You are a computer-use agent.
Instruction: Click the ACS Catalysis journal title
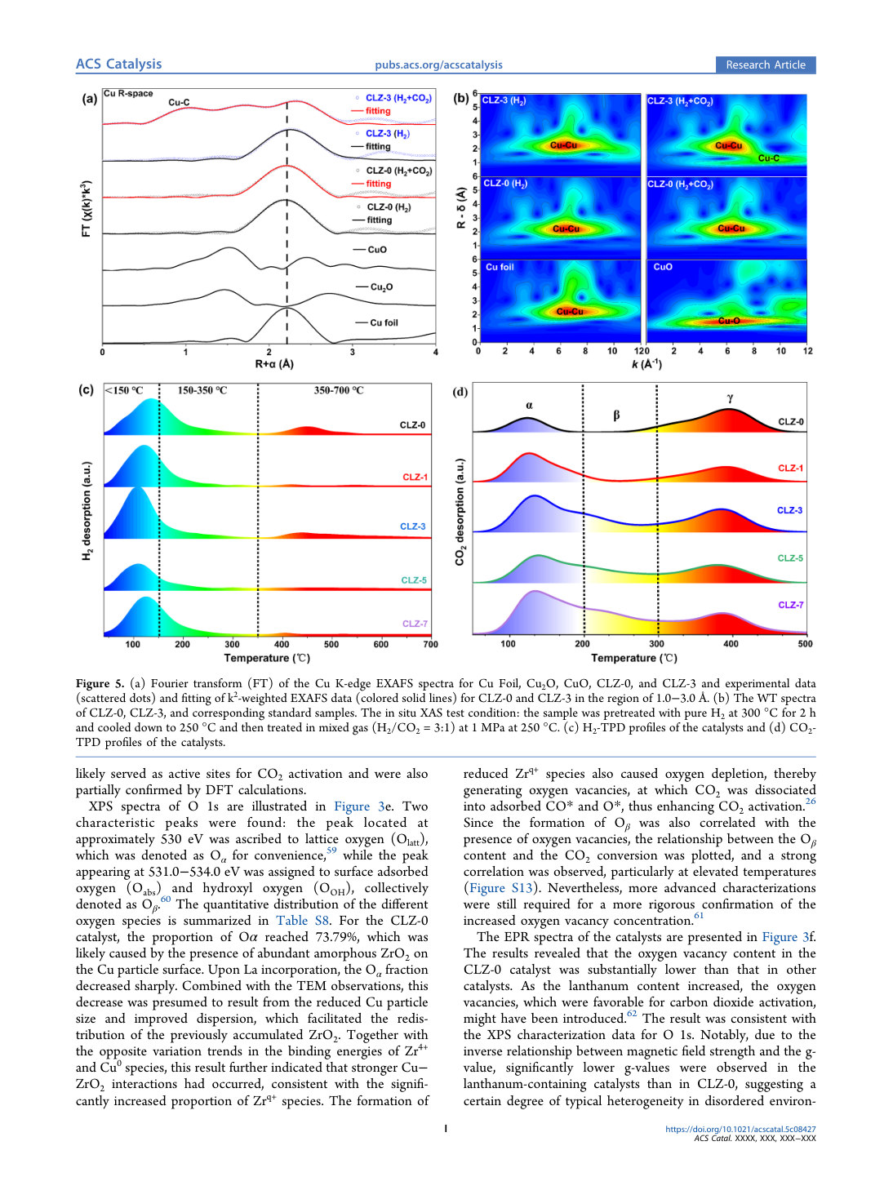[x=118, y=64]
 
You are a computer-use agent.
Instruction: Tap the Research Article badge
[x=765, y=64]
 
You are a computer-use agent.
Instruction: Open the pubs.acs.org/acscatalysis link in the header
[x=438, y=64]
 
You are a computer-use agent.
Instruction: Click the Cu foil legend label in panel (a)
[x=384, y=322]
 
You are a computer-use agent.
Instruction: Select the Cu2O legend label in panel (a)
[x=381, y=286]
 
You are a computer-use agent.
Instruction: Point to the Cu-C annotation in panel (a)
[x=179, y=102]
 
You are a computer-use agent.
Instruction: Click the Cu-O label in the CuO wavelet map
[x=729, y=321]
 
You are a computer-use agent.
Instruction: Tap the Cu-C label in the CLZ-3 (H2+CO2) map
[x=769, y=158]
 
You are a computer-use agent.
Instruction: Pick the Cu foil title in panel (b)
[x=500, y=267]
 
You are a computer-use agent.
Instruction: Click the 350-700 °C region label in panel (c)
[x=339, y=390]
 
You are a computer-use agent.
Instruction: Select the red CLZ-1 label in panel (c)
[x=415, y=477]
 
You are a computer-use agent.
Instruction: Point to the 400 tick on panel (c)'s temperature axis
[x=282, y=644]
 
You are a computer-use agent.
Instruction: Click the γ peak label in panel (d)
[x=730, y=398]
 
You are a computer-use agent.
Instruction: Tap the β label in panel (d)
[x=616, y=415]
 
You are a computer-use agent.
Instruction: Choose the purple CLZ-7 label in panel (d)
[x=791, y=605]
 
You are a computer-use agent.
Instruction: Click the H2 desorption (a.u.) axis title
[x=87, y=510]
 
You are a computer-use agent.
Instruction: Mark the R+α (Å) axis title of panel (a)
[x=274, y=364]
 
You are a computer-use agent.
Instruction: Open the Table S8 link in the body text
[x=302, y=920]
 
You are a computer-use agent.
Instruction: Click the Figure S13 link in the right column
[x=500, y=887]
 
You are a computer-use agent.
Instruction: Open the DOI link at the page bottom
[x=740, y=1129]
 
